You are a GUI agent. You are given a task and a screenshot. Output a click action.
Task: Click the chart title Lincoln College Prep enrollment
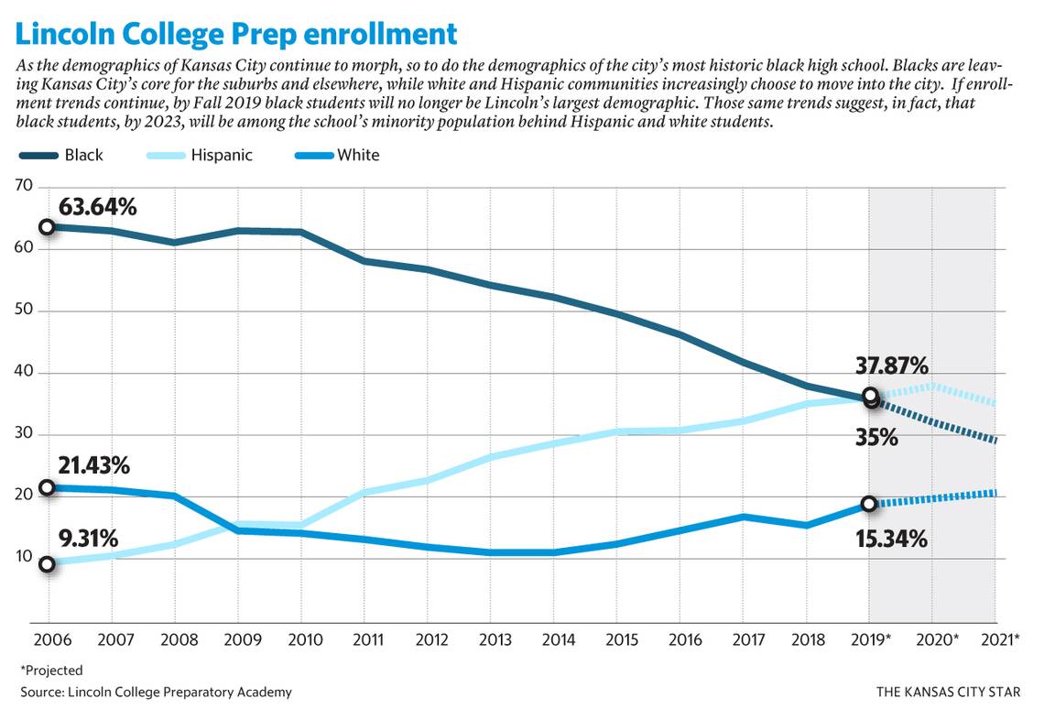click(236, 34)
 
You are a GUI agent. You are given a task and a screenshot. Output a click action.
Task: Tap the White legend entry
click(339, 155)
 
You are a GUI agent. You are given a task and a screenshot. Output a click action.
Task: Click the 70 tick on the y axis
click(24, 186)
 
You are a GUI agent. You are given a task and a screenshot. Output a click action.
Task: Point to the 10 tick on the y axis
click(24, 558)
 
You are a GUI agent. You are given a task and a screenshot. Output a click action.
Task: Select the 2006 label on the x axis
click(47, 638)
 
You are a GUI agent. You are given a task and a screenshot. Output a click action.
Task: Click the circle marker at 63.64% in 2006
click(47, 227)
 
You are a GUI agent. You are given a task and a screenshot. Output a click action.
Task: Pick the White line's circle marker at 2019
click(869, 504)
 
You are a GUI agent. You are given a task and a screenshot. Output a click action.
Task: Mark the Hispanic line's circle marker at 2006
click(47, 564)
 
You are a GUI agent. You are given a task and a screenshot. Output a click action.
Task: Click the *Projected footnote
click(51, 670)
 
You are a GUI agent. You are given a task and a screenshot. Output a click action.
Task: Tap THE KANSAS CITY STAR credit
click(948, 692)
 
